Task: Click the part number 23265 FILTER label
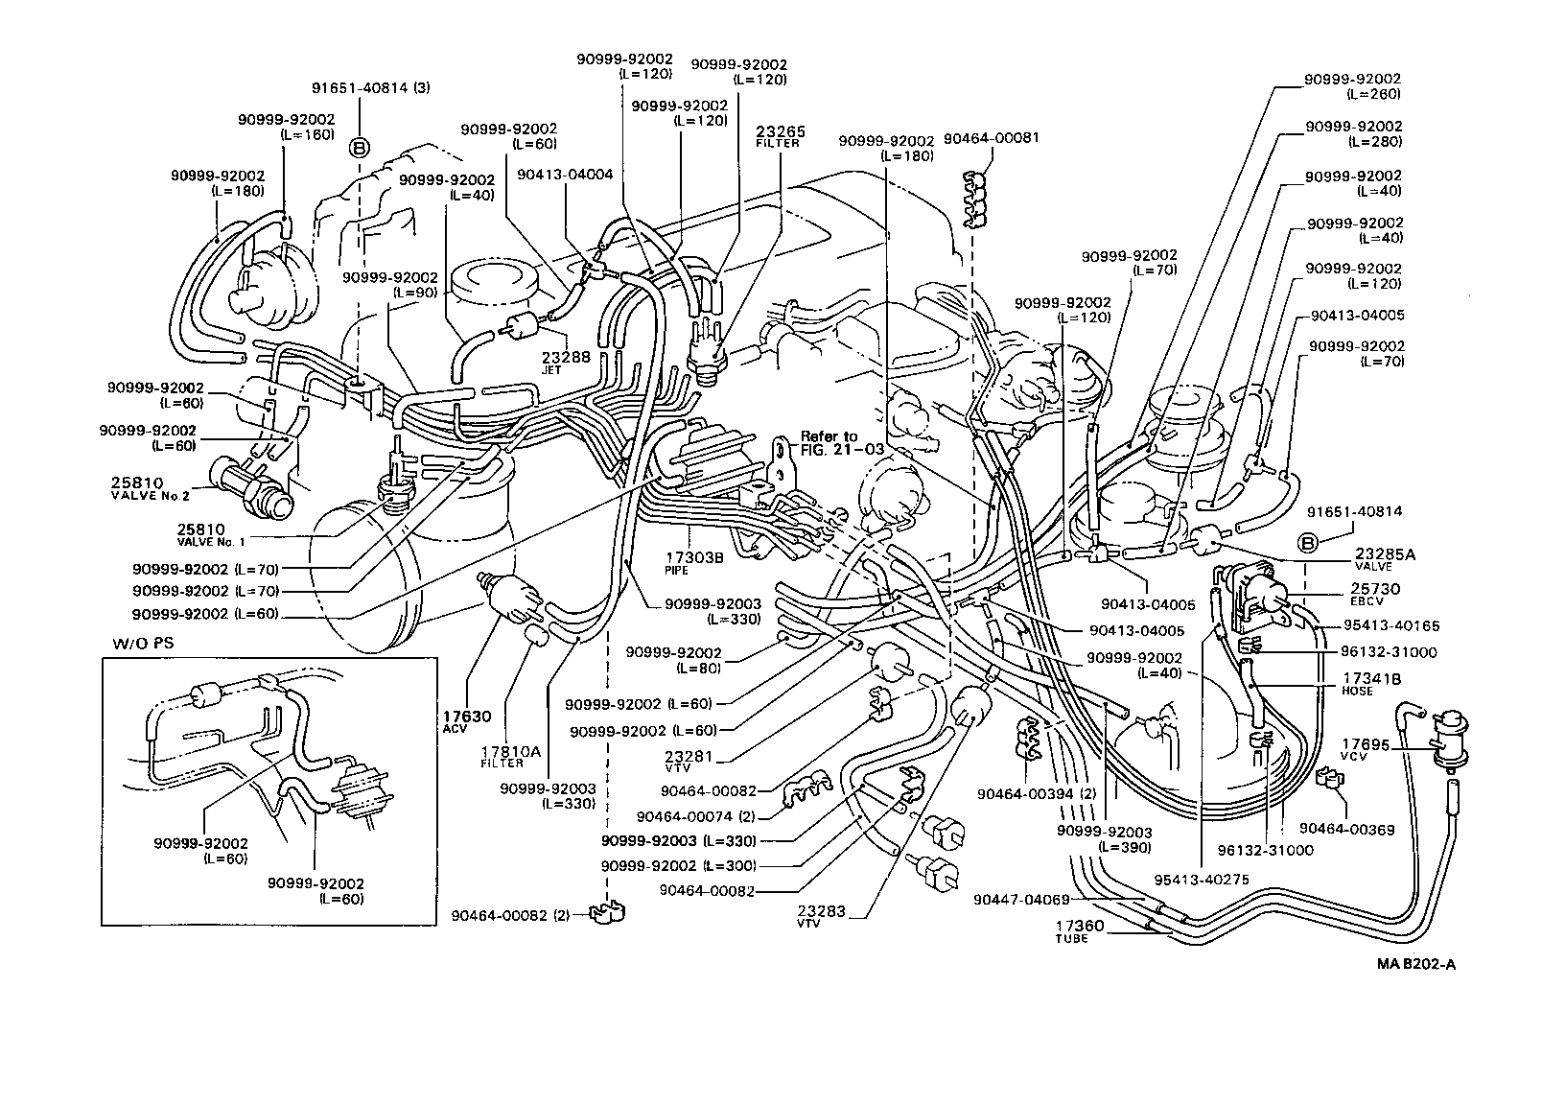[x=780, y=136]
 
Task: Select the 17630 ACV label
[x=467, y=721]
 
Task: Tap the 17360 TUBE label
[x=1080, y=932]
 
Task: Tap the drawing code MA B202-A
[x=1415, y=965]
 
